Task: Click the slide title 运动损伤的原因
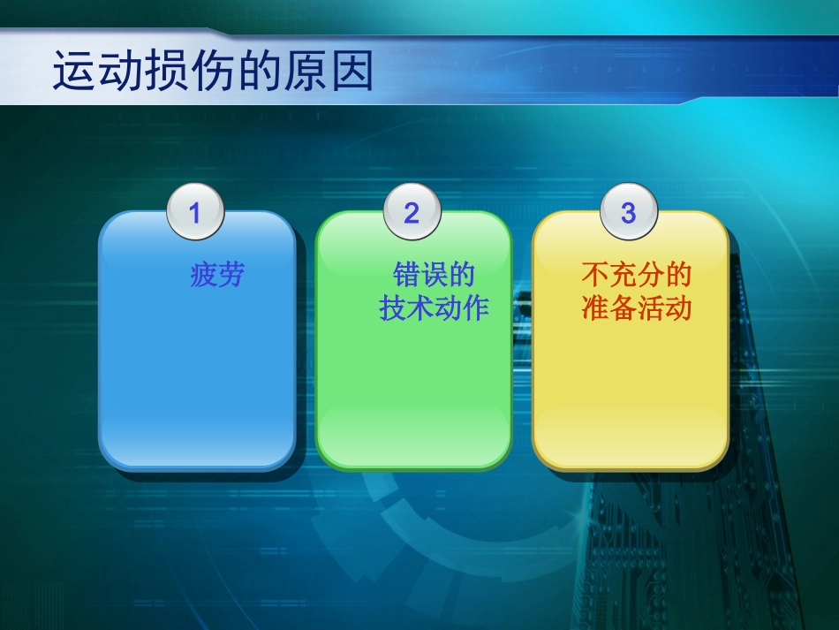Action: pyautogui.click(x=213, y=72)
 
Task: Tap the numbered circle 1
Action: pyautogui.click(x=195, y=213)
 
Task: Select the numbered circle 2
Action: pyautogui.click(x=412, y=213)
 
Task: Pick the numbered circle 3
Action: pyautogui.click(x=628, y=213)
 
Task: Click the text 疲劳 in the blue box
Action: pyautogui.click(x=217, y=276)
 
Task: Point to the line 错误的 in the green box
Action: pyautogui.click(x=434, y=275)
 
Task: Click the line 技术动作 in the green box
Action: pyautogui.click(x=434, y=309)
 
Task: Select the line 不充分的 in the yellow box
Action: pyautogui.click(x=636, y=275)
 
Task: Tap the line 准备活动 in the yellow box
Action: pyautogui.click(x=636, y=309)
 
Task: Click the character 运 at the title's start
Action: pyautogui.click(x=75, y=72)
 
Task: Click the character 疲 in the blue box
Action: pyautogui.click(x=204, y=276)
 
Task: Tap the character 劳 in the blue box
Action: pyautogui.click(x=231, y=276)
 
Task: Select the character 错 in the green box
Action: pyautogui.click(x=406, y=275)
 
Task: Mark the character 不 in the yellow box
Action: pyautogui.click(x=595, y=275)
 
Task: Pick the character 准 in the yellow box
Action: pyautogui.click(x=595, y=309)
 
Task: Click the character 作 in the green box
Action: pyautogui.click(x=475, y=309)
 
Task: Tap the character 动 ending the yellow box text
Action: pyautogui.click(x=677, y=309)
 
